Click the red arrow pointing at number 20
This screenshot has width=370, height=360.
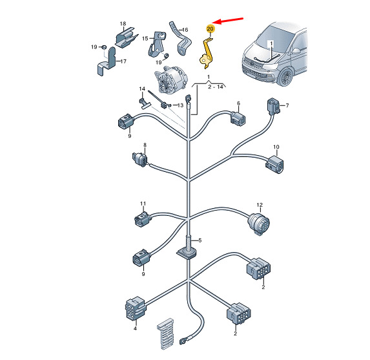228,21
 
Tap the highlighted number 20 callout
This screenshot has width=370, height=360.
210,29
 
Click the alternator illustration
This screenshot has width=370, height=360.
170,79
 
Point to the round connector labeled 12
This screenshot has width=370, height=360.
259,223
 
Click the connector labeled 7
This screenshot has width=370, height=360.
273,107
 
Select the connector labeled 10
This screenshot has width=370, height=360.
274,165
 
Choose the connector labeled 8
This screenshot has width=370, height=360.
140,160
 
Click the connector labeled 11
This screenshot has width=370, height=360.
143,219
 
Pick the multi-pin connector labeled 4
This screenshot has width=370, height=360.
136,308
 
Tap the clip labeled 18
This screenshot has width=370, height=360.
126,37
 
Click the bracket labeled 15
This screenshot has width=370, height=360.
156,45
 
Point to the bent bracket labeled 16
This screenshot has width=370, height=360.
181,39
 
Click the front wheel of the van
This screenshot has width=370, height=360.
286,77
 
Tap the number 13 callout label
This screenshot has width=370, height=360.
180,105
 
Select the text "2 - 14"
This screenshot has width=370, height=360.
216,87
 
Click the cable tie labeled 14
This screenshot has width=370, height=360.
144,104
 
